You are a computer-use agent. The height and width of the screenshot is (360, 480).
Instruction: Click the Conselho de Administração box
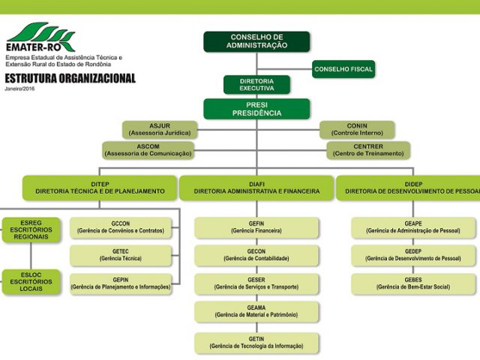pos(256,42)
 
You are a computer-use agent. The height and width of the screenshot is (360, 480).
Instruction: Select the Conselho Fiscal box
pos(343,69)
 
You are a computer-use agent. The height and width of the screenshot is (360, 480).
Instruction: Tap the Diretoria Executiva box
pos(256,85)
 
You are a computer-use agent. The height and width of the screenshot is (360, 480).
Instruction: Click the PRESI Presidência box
pos(256,109)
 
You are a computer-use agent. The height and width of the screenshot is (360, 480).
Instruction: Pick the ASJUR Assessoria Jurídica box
pos(160,130)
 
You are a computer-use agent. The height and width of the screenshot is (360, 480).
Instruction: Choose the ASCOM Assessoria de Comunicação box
pos(148,150)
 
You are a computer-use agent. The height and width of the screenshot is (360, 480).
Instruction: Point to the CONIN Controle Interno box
pos(357,130)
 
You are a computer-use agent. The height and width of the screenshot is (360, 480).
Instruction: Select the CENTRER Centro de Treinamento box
pos(368,150)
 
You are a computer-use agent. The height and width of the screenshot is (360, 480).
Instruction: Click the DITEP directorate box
pos(100,188)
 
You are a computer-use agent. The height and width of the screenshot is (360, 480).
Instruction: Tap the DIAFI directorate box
pos(256,188)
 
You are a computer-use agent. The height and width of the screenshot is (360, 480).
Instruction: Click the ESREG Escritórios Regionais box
pos(31,230)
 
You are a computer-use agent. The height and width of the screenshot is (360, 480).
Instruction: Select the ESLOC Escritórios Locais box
pos(31,282)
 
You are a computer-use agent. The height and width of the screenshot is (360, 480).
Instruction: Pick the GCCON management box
pos(121,227)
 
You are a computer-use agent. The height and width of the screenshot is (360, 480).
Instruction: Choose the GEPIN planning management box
pos(121,283)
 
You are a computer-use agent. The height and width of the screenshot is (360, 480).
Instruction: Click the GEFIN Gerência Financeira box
pos(256,227)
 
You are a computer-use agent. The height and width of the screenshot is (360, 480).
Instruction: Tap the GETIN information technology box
pos(256,343)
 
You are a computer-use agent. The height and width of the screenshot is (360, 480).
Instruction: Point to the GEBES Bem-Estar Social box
pos(413,283)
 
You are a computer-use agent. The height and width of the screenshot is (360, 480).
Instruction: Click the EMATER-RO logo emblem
pos(40,37)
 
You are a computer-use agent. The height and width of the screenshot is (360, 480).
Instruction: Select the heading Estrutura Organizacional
pos(70,78)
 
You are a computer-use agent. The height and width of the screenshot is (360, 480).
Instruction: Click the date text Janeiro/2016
pos(19,88)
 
